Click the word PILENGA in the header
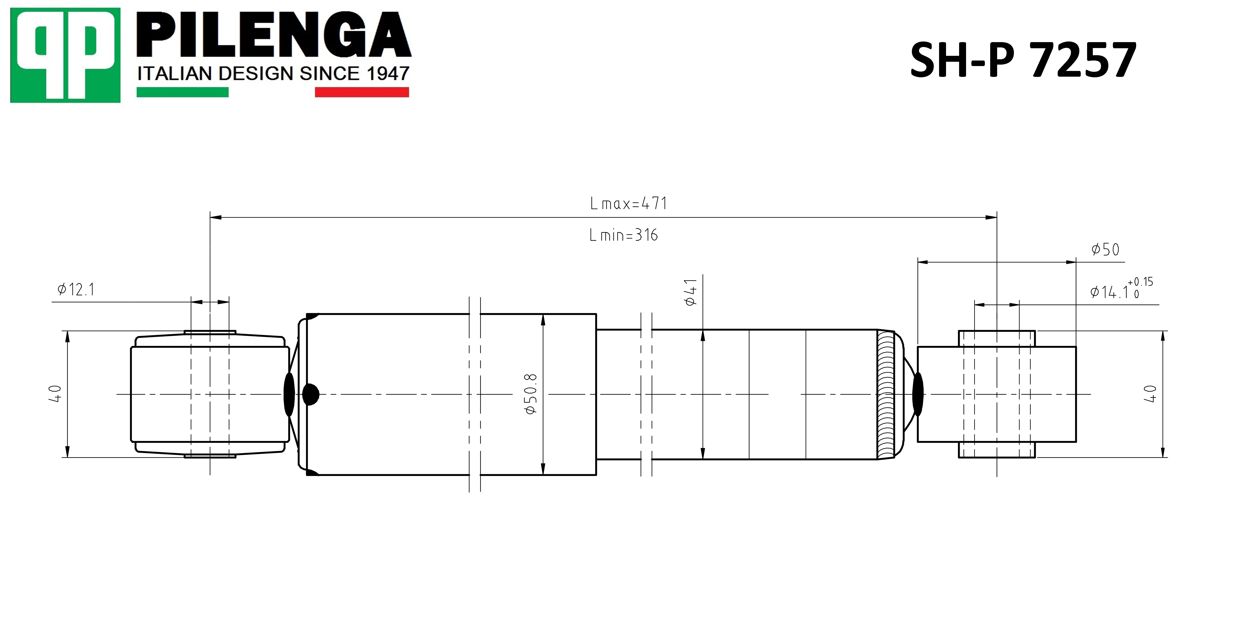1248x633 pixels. pos(274,35)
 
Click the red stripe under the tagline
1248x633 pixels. pos(362,92)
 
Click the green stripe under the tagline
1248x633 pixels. pos(183,92)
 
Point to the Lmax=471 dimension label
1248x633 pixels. pos(628,203)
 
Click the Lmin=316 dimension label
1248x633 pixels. pos(624,235)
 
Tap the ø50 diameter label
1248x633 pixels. pos(1105,249)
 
